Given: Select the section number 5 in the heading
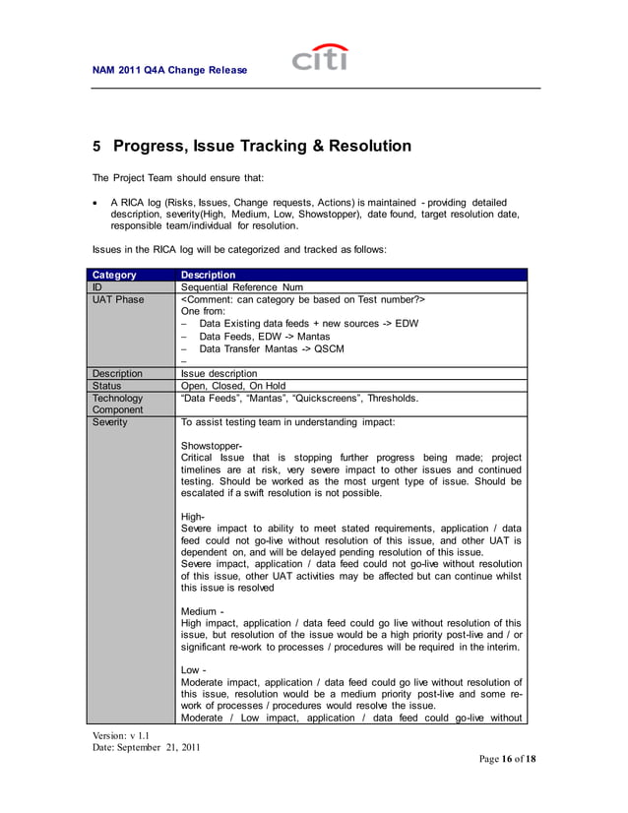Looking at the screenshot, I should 96,147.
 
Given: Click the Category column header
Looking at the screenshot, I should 114,275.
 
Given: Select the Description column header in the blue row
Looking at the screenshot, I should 209,275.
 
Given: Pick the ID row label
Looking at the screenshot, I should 97,286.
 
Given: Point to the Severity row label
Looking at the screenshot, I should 110,422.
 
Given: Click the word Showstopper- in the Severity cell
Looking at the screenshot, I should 213,446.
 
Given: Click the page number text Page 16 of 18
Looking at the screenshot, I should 507,759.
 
